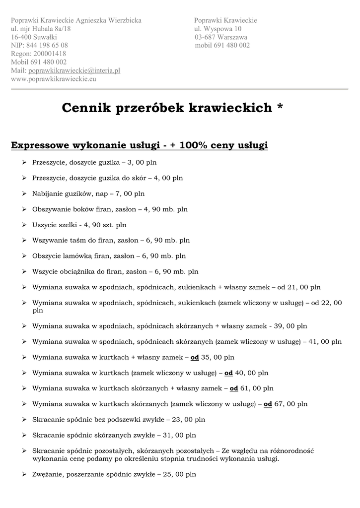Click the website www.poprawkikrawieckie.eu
[x=54, y=78]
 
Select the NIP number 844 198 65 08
[x=47, y=45]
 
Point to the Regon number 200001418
[x=49, y=54]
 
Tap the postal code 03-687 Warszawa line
[x=221, y=37]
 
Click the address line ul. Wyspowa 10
[x=218, y=29]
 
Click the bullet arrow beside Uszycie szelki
[x=24, y=225]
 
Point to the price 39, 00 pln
[x=290, y=326]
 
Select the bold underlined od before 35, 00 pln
[x=195, y=357]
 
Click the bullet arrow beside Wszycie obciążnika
[x=24, y=271]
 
